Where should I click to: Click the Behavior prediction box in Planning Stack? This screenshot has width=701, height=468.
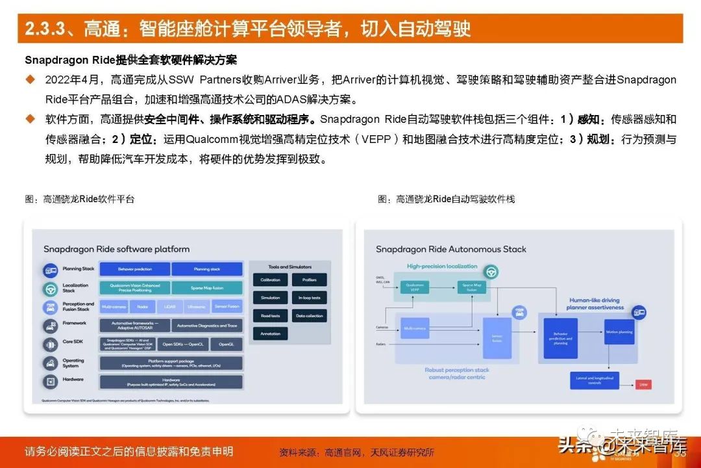point(135,268)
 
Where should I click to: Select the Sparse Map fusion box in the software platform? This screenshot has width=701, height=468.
point(206,287)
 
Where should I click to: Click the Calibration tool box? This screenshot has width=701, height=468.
point(271,280)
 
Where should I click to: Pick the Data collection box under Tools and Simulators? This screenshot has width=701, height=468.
point(309,316)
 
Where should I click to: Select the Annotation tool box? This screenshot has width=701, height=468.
point(271,333)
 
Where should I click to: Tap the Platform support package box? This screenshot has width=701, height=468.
point(171,363)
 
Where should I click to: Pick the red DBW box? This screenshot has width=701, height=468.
point(644,385)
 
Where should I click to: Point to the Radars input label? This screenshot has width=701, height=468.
point(382,344)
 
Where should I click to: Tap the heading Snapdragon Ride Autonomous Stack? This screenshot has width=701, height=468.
point(450,249)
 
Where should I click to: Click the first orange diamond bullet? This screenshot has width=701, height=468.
point(30,79)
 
